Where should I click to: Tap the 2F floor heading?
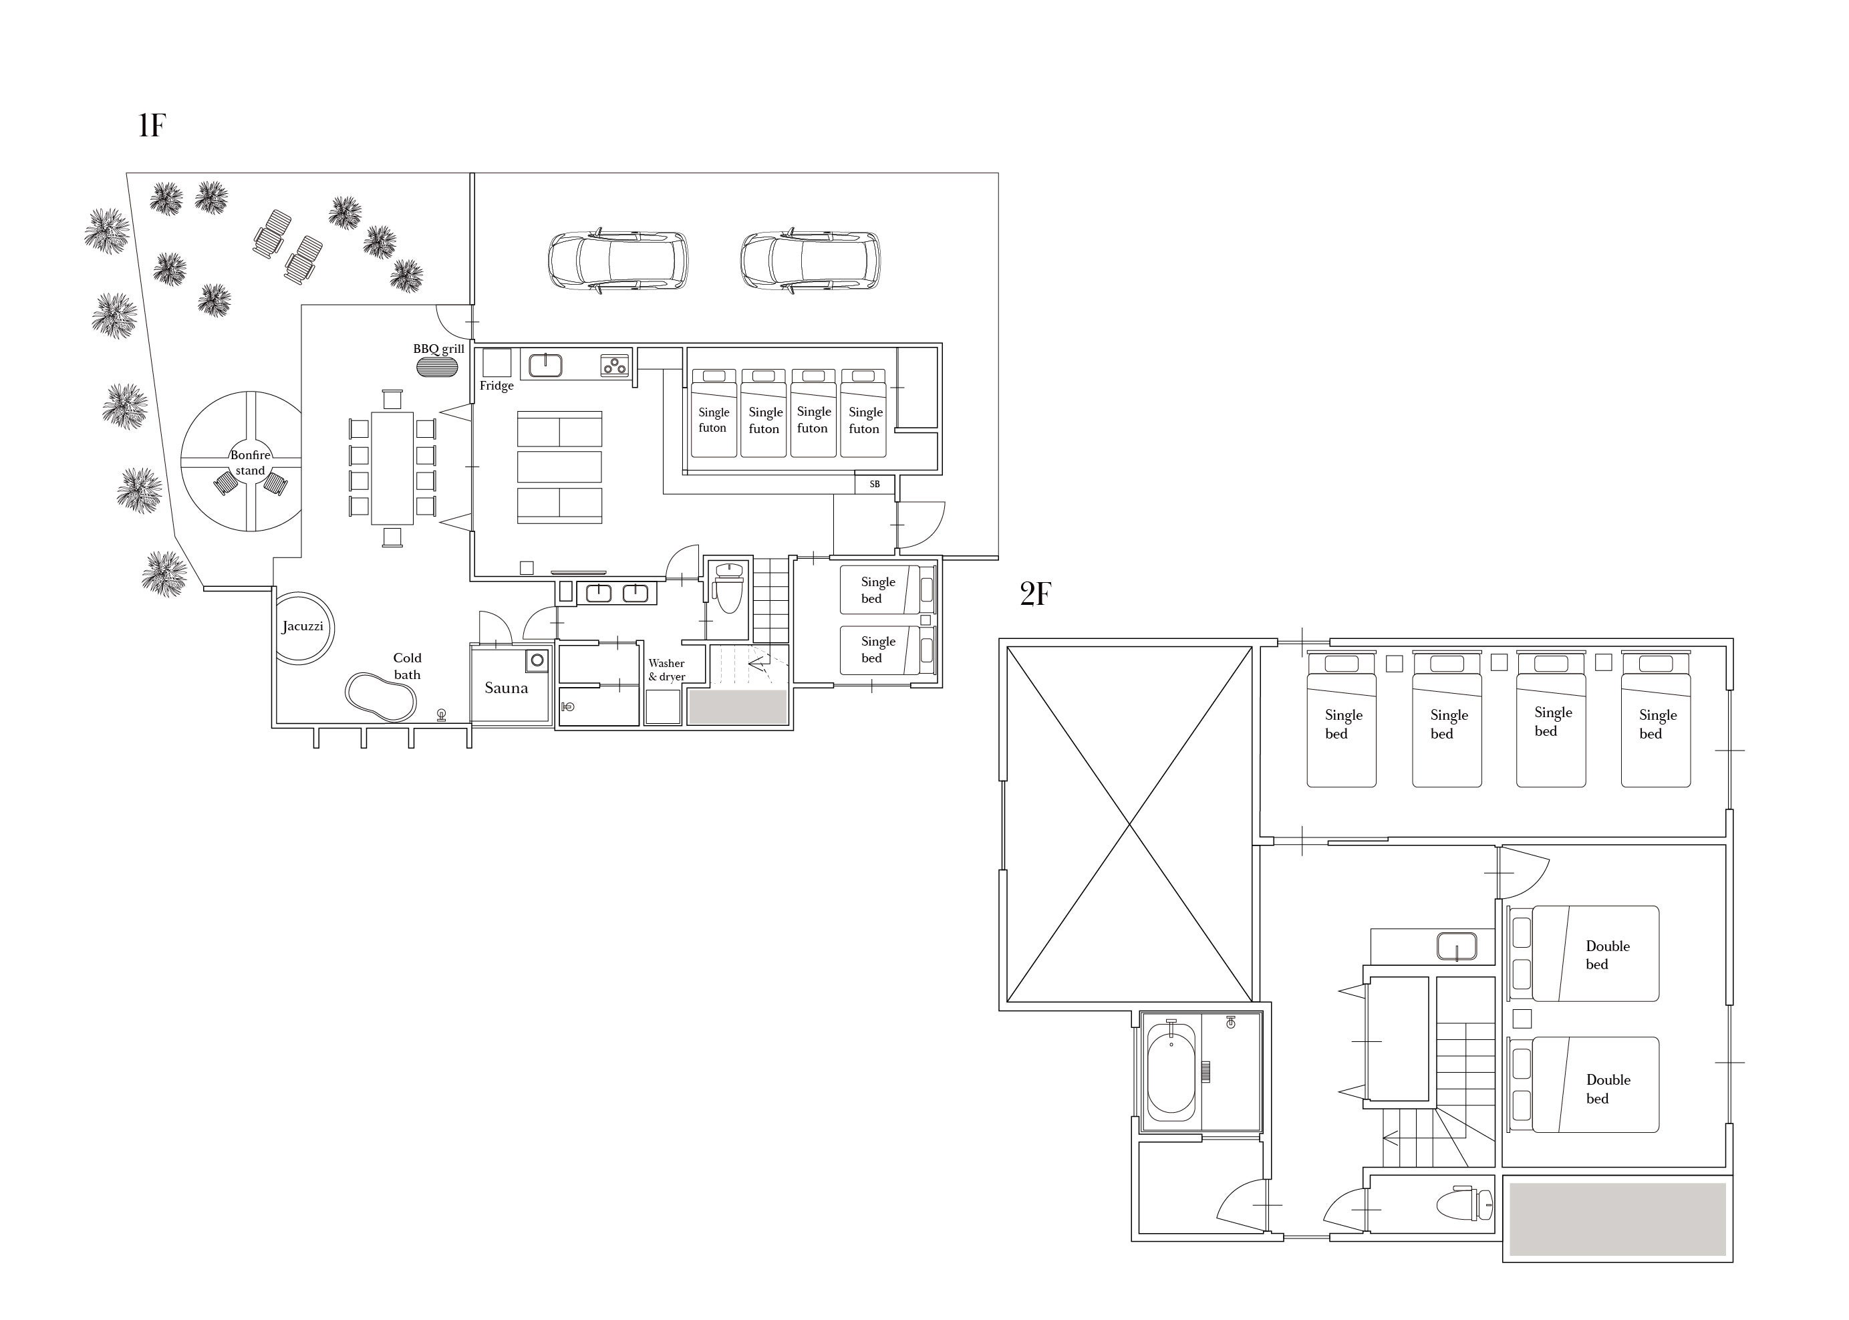1036,595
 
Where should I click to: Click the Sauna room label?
507,688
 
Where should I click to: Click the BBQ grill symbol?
432,366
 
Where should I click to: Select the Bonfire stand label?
251,463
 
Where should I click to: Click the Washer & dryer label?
666,670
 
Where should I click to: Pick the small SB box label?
875,485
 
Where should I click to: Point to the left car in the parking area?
617,261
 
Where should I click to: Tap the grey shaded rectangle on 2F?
1617,1219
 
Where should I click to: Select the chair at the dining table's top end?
392,399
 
